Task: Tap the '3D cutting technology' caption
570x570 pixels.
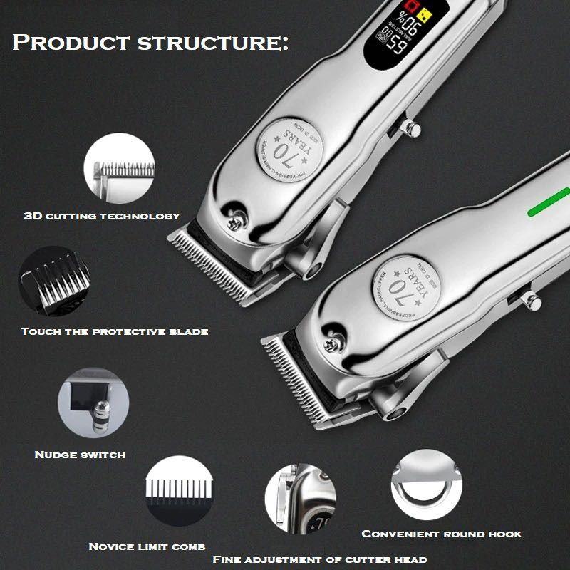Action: [102, 215]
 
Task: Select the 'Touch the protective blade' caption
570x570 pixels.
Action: [114, 331]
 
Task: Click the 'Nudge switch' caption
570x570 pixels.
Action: [80, 454]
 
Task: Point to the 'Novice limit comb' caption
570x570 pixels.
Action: [147, 546]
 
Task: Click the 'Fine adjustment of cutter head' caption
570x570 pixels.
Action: [320, 559]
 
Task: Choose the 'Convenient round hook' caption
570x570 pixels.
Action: [442, 534]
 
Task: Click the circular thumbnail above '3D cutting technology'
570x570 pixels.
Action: [119, 171]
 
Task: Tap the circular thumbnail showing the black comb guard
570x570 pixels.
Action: [54, 282]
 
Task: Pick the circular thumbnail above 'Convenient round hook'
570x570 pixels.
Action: [425, 484]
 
